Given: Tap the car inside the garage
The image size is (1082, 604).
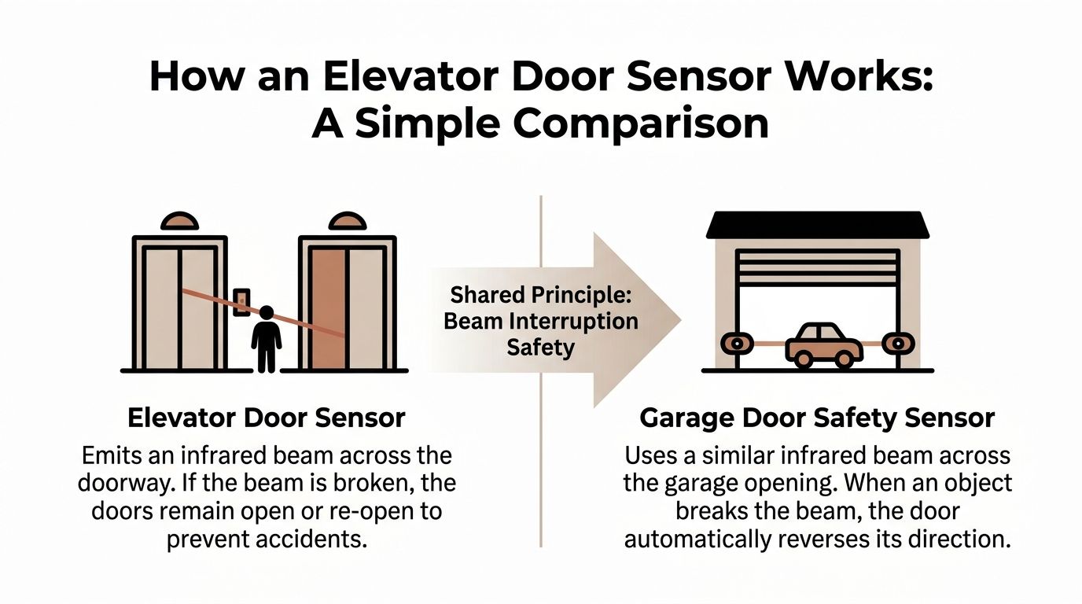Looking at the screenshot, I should [x=824, y=344].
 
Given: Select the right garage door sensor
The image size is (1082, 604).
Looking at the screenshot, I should [x=898, y=344].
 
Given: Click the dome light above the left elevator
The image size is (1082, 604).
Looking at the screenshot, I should [x=178, y=222].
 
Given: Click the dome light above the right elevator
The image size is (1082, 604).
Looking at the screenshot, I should [x=347, y=222].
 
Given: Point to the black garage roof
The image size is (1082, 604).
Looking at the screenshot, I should [x=818, y=225].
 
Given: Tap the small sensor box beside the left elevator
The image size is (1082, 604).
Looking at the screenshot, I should [x=242, y=302].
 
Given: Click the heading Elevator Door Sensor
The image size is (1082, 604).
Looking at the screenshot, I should [x=266, y=418].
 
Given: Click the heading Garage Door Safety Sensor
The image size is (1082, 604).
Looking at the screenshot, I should [x=817, y=418].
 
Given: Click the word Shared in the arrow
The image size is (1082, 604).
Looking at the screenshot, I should [x=482, y=296].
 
